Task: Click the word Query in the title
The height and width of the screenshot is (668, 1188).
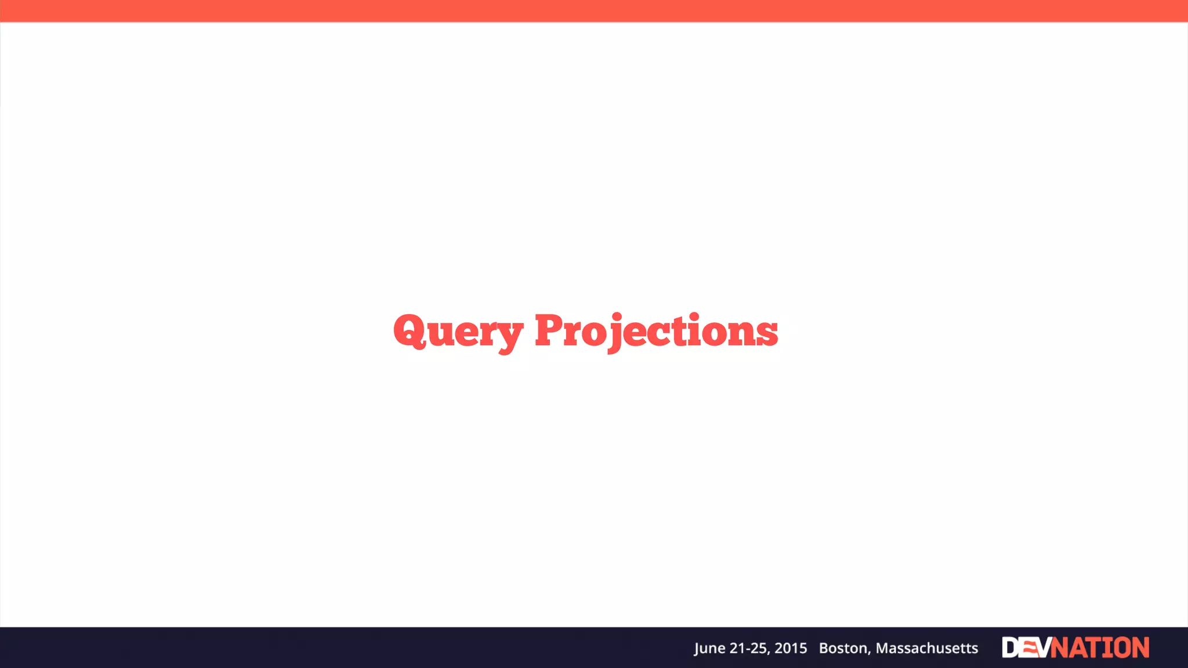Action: click(x=458, y=332)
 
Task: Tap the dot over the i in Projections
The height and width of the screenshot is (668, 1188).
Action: click(x=695, y=316)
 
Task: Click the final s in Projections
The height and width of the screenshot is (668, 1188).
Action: click(x=767, y=335)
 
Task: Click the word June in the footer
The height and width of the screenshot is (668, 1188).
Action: click(x=709, y=648)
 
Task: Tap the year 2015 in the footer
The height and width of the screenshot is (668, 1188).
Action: click(x=791, y=648)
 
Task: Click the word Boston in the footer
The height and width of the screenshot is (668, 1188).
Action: click(x=844, y=648)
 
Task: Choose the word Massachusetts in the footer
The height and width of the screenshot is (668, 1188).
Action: click(x=927, y=648)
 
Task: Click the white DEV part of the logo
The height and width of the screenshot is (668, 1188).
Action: click(x=1026, y=648)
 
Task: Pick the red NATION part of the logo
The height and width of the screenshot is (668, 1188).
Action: click(x=1100, y=648)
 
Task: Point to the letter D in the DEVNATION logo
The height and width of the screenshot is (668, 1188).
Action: click(x=1010, y=648)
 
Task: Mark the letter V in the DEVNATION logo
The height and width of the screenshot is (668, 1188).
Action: click(x=1042, y=648)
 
